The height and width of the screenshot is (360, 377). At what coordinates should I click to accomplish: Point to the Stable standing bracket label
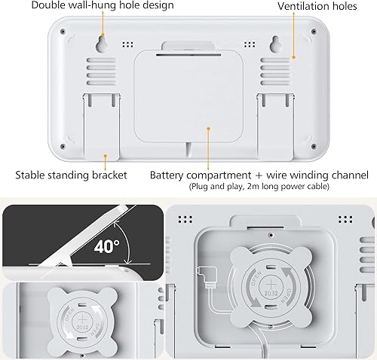72,175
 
